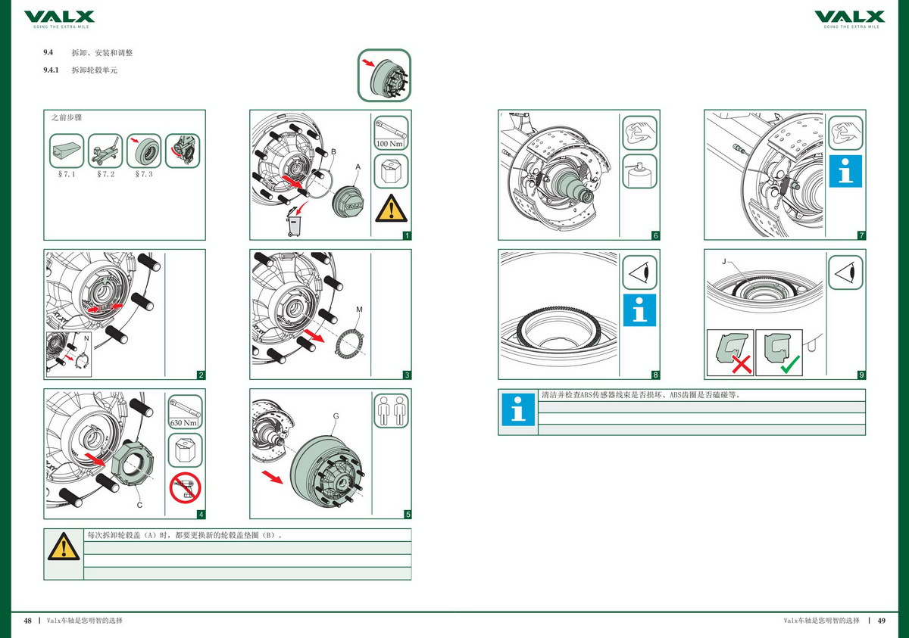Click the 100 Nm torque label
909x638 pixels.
(x=391, y=142)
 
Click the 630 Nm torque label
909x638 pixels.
(x=185, y=422)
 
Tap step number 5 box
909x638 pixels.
(x=408, y=515)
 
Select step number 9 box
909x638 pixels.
(x=862, y=375)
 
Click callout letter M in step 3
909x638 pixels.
(x=359, y=310)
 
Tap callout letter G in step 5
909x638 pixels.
(x=336, y=416)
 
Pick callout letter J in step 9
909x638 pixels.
(x=724, y=262)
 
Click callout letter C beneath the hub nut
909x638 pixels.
(x=139, y=504)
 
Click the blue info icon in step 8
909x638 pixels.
(x=639, y=310)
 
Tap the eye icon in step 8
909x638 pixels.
(x=639, y=272)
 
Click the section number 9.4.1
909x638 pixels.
(x=52, y=70)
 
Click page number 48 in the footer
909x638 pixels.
(x=27, y=621)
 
